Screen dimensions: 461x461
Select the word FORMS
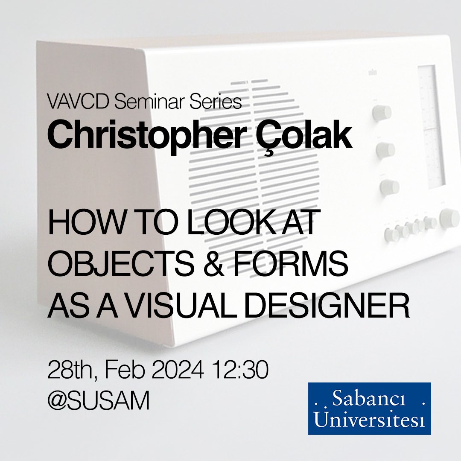pos(301,265)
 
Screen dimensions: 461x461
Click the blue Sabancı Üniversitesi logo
pos(369,408)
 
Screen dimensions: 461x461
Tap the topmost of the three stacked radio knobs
pos(382,112)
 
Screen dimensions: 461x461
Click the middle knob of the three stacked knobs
pos(386,149)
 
